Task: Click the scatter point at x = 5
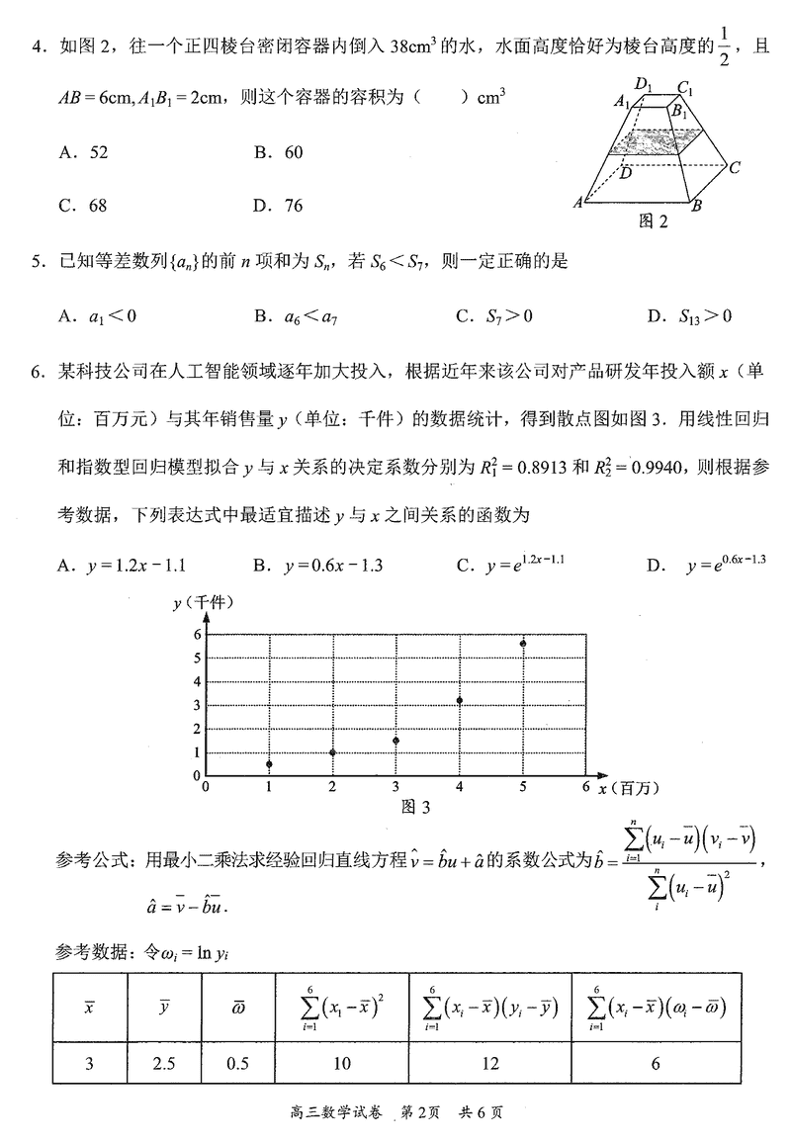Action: tap(522, 644)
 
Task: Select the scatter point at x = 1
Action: tap(269, 764)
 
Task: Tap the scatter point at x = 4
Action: tap(460, 701)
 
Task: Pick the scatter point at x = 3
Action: tap(395, 741)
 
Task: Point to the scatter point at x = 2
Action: tap(332, 752)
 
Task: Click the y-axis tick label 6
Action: tap(198, 634)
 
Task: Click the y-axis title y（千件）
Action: tap(206, 602)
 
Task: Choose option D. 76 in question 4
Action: tap(278, 206)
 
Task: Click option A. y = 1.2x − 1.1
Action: tap(124, 566)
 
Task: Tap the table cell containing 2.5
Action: tap(164, 1063)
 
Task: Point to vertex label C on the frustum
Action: tap(735, 167)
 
